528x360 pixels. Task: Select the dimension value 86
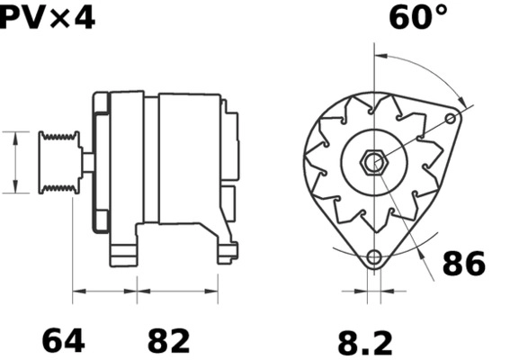(x=462, y=264)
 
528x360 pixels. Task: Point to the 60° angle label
(x=417, y=17)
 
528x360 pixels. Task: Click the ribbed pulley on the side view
(x=58, y=161)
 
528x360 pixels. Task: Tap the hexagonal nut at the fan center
(x=372, y=163)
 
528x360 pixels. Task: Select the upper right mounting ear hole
(x=452, y=117)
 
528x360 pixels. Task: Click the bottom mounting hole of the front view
(x=374, y=258)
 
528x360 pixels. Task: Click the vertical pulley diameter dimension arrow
(x=15, y=162)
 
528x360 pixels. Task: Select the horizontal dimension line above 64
(x=104, y=290)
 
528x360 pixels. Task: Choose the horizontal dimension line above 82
(x=177, y=290)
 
